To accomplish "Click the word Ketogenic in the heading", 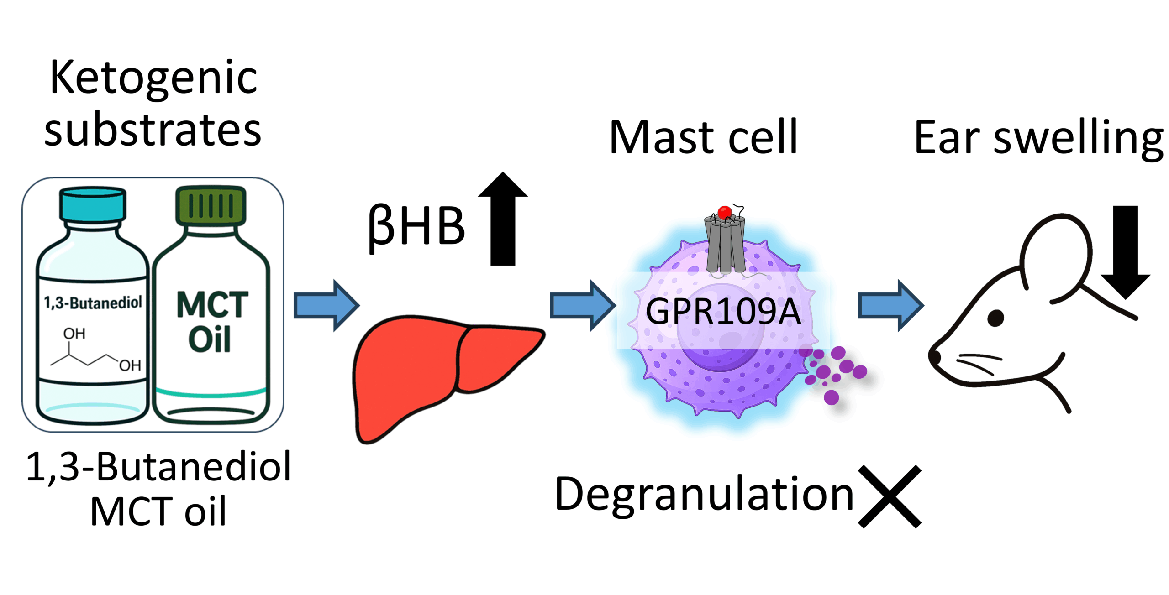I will pos(153,78).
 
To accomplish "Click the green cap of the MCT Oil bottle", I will pos(211,205).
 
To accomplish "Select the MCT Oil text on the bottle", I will pos(211,322).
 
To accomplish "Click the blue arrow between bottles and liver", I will pos(326,305).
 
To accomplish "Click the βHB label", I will pos(416,226).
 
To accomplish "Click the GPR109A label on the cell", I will pos(723,312).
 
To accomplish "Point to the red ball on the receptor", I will pos(725,212).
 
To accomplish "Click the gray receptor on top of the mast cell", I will pos(725,246).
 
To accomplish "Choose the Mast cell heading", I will pos(703,137).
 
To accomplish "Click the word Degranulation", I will pos(704,494).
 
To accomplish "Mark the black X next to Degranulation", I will pos(890,496).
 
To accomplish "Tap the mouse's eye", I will pos(996,318).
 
